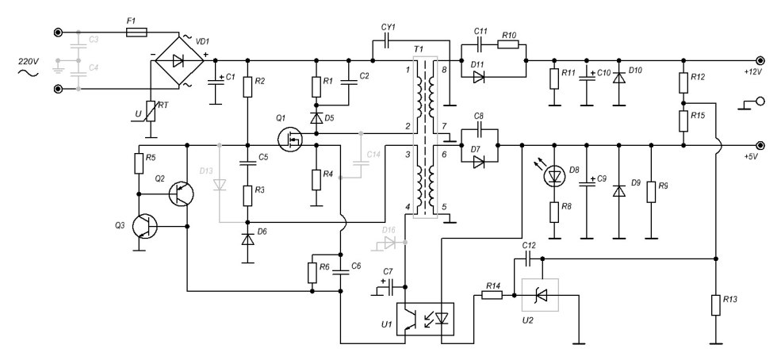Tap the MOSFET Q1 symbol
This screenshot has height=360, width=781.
[x=293, y=139]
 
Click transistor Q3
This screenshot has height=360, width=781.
[x=144, y=225]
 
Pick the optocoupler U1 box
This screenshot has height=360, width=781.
[x=425, y=319]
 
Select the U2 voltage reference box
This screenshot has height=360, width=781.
[x=540, y=295]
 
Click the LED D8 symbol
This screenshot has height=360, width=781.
[x=554, y=176]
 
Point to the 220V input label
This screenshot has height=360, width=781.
[x=25, y=61]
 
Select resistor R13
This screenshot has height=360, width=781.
[x=715, y=304]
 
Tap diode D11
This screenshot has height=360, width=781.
[x=478, y=77]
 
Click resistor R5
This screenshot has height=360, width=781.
[x=138, y=163]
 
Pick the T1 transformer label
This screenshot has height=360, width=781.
[x=419, y=49]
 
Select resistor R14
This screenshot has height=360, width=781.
[x=492, y=295]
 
